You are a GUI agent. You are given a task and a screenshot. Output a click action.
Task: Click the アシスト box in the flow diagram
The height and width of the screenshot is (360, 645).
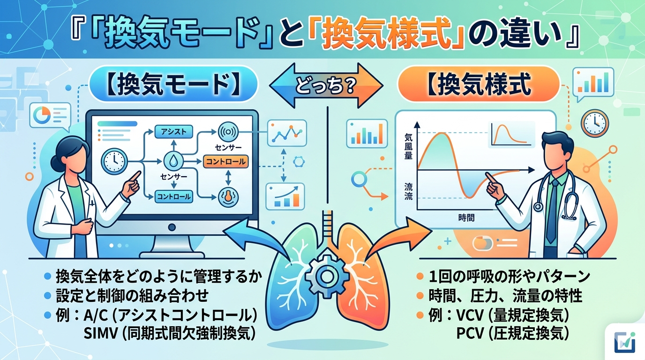[x=174, y=132]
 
